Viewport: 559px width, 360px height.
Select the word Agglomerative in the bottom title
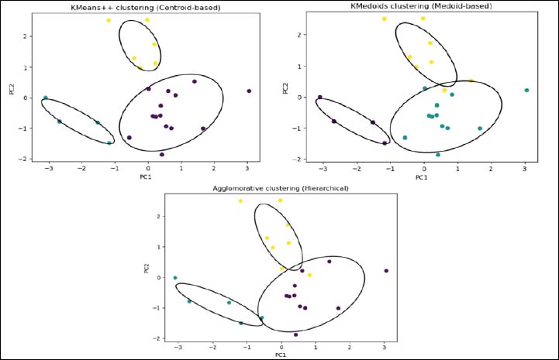pos(240,188)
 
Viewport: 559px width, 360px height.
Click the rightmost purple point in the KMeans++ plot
pos(249,91)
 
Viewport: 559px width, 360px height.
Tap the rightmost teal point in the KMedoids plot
pos(526,91)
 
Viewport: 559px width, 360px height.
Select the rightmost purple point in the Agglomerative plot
pos(386,271)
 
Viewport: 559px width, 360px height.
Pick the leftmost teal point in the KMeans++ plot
pos(46,98)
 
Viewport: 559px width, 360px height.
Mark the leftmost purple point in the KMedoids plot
pos(320,97)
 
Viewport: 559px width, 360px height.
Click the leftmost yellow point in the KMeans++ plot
pos(109,20)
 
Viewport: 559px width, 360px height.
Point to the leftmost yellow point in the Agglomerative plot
pos(241,201)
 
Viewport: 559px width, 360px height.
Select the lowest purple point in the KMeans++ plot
pos(161,154)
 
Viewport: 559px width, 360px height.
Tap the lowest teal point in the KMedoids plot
pos(438,154)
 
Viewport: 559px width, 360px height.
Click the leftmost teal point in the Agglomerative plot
pos(175,277)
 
